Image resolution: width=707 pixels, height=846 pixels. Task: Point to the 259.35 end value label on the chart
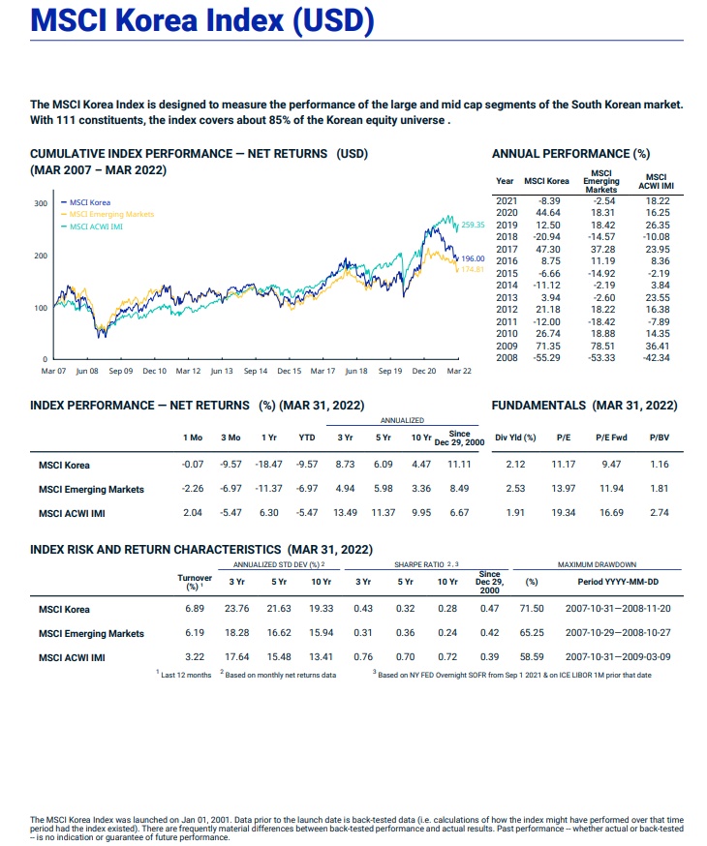476,223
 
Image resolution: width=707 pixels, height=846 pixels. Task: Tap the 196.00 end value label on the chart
474,258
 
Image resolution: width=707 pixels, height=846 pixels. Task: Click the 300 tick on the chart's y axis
40,204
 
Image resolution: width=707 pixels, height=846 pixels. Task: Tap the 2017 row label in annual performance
506,249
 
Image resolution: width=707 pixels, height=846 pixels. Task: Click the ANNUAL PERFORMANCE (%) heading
570,153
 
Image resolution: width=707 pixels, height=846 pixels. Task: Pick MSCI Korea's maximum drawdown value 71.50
532,609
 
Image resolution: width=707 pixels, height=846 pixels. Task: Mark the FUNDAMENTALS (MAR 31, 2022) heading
584,405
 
